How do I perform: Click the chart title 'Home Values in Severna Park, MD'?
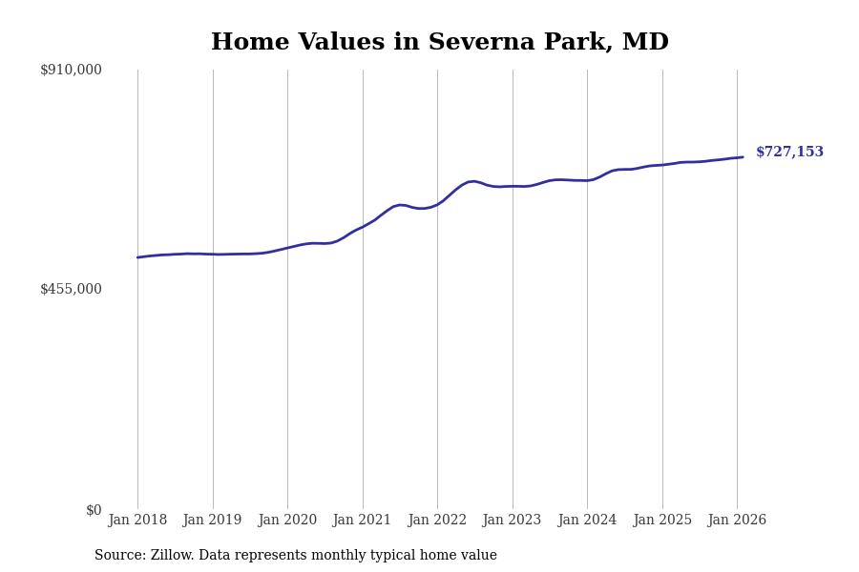439,43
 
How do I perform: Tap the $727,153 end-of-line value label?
789,153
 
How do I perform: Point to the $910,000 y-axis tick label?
71,70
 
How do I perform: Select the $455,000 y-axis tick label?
71,289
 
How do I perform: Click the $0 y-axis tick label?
93,510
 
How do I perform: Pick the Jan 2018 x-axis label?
137,521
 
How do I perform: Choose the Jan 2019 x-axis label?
212,521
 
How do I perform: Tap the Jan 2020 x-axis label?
287,521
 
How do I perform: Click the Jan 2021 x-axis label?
362,521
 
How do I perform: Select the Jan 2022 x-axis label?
437,521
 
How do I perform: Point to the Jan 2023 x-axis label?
512,521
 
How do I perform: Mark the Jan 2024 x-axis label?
587,521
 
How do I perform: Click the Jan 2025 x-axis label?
661,521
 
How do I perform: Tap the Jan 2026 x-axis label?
737,521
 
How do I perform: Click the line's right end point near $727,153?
743,157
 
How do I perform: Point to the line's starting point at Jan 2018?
137,257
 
